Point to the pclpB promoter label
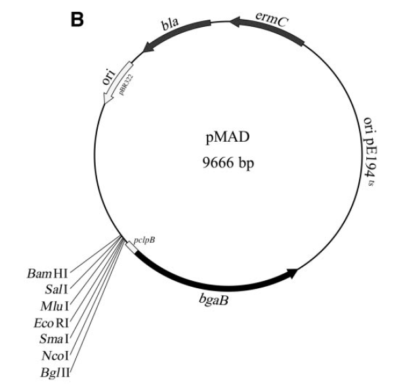click(x=144, y=240)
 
